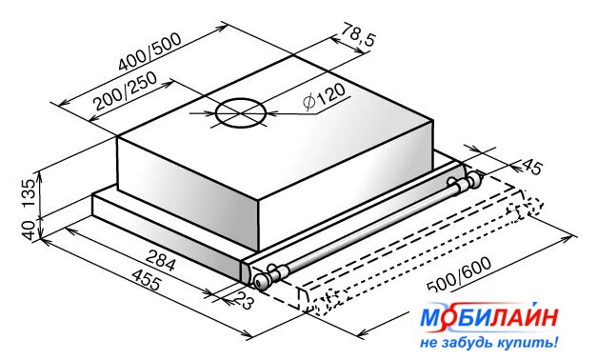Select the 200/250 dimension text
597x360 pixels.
click(x=126, y=90)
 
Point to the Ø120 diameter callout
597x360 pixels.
click(x=324, y=96)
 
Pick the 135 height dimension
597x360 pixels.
click(x=29, y=192)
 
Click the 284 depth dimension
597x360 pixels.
click(x=161, y=260)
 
